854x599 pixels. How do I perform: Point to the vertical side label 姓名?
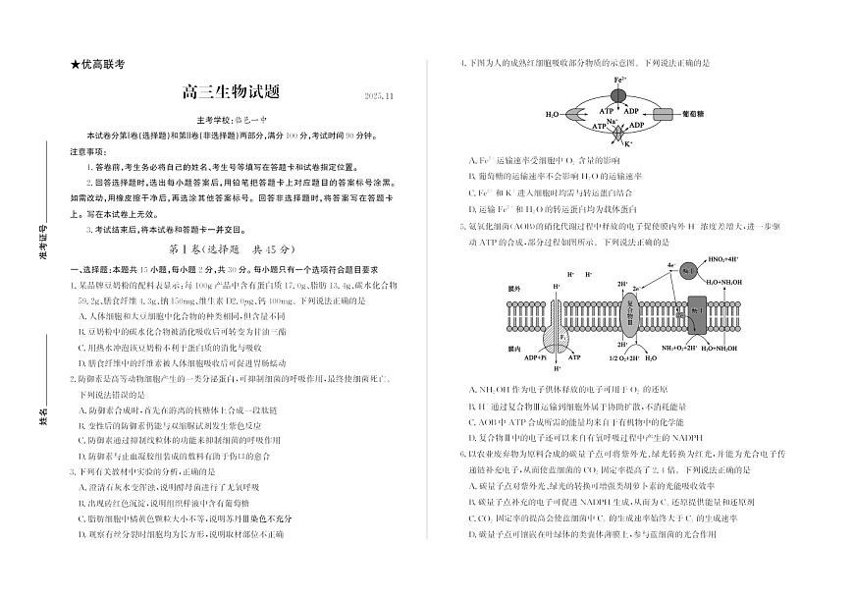pyautogui.click(x=44, y=419)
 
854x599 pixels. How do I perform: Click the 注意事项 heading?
pyautogui.click(x=88, y=151)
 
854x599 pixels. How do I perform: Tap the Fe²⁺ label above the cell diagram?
pyautogui.click(x=620, y=79)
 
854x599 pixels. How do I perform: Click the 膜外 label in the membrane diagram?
pyautogui.click(x=513, y=290)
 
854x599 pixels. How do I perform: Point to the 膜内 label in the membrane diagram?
pyautogui.click(x=513, y=348)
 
